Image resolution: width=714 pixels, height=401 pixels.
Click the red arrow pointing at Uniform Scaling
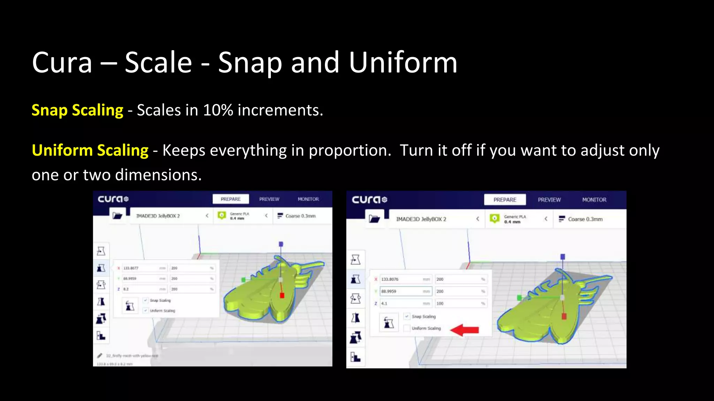[x=465, y=330]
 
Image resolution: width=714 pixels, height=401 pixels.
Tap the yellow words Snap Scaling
[x=77, y=110]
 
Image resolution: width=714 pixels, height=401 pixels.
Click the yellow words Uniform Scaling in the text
[x=90, y=150]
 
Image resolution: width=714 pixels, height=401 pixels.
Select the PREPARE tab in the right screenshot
[x=504, y=200]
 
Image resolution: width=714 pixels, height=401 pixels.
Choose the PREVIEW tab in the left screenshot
[x=269, y=199]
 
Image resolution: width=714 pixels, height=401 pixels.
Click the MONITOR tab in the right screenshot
[x=594, y=200]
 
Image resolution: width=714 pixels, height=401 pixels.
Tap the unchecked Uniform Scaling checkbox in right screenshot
[x=407, y=328]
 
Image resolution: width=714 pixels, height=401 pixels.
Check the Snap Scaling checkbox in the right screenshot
[x=407, y=316]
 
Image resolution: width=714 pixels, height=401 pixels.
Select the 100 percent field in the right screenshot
[x=458, y=304]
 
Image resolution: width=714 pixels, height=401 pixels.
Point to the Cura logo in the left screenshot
[x=113, y=199]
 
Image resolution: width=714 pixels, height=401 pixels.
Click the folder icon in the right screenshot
[x=374, y=219]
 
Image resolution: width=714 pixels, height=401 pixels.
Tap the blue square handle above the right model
[x=562, y=257]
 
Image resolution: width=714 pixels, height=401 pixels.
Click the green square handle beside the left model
[x=243, y=280]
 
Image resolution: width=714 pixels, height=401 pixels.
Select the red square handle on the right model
[x=564, y=316]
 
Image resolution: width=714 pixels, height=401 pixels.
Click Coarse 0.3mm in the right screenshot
[x=585, y=219]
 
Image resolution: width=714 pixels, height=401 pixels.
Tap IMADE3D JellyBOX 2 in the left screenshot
[x=158, y=216]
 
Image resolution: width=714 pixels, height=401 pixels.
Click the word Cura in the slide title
[x=62, y=63]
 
